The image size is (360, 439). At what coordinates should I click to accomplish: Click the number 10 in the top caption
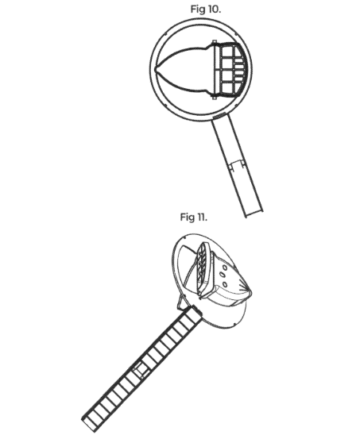click(x=213, y=9)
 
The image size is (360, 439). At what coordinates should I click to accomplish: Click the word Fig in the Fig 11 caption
click(x=188, y=218)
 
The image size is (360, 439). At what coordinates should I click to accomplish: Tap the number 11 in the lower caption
click(x=202, y=217)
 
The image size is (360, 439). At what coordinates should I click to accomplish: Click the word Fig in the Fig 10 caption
click(x=198, y=10)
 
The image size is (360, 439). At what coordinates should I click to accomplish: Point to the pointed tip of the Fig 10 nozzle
click(x=156, y=70)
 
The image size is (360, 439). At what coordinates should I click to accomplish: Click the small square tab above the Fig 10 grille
click(x=215, y=42)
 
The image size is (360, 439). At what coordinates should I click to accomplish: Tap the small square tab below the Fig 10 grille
click(x=215, y=98)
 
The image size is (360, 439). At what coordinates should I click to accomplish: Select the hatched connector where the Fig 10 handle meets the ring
click(x=219, y=115)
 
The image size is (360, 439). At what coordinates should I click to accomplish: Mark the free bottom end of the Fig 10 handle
click(x=254, y=214)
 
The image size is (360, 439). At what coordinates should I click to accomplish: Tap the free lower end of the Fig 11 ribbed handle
click(x=89, y=423)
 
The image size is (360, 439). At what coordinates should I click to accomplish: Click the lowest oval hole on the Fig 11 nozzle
click(x=225, y=284)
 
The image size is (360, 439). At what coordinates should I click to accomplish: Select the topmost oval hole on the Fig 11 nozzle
click(x=225, y=268)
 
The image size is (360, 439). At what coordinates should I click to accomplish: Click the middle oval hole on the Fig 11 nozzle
click(x=222, y=275)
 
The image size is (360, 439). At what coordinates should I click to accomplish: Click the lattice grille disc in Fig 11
click(x=203, y=269)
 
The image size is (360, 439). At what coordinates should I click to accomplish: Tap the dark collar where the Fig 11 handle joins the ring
click(x=197, y=311)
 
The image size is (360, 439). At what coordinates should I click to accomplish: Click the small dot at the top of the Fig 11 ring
click(x=185, y=237)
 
